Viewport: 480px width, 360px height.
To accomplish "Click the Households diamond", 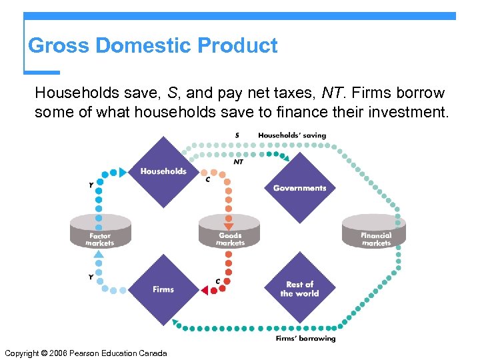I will (x=163, y=171).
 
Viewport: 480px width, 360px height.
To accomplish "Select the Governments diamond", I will (x=299, y=187).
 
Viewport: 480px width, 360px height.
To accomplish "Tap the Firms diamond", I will (x=163, y=289).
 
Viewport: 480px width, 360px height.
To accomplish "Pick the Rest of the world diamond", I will (x=299, y=289).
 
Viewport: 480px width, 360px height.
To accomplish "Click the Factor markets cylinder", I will (x=101, y=234).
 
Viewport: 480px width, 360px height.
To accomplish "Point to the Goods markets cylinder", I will (x=229, y=234).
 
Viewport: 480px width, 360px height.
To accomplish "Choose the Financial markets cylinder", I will (x=375, y=234).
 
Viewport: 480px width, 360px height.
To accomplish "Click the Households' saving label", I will (x=292, y=135).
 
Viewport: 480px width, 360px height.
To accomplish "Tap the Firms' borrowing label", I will (x=305, y=339).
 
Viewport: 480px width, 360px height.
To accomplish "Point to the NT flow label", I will (x=238, y=161).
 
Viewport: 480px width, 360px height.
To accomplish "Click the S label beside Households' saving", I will (x=237, y=135).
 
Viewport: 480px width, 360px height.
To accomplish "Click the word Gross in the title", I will (x=59, y=46).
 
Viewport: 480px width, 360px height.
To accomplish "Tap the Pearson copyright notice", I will (x=85, y=353).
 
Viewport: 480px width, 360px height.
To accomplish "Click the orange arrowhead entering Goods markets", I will (x=228, y=227).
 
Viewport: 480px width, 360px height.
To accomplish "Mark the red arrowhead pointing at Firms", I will (x=204, y=290).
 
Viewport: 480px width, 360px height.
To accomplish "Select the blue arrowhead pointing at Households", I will (x=122, y=172).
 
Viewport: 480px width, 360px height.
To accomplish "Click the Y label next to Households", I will (x=91, y=185).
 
